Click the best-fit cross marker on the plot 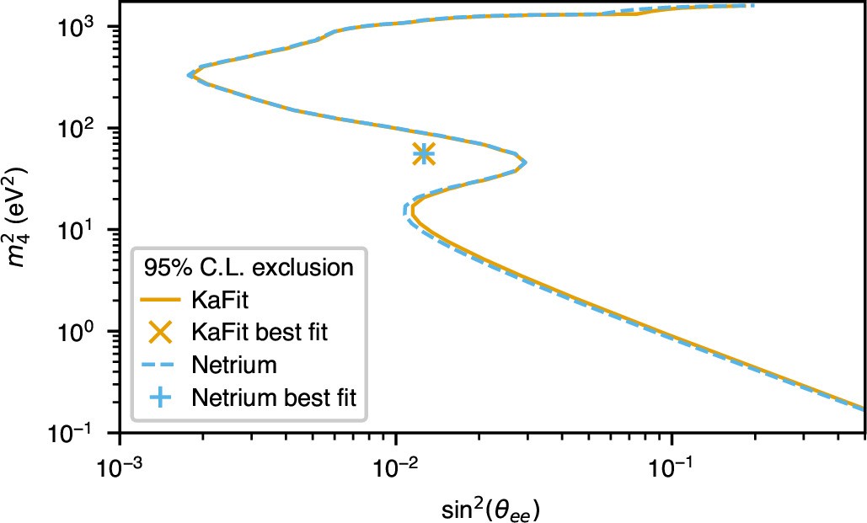point(424,153)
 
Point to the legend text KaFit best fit point(259,332)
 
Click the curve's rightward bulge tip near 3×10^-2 point(525,162)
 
